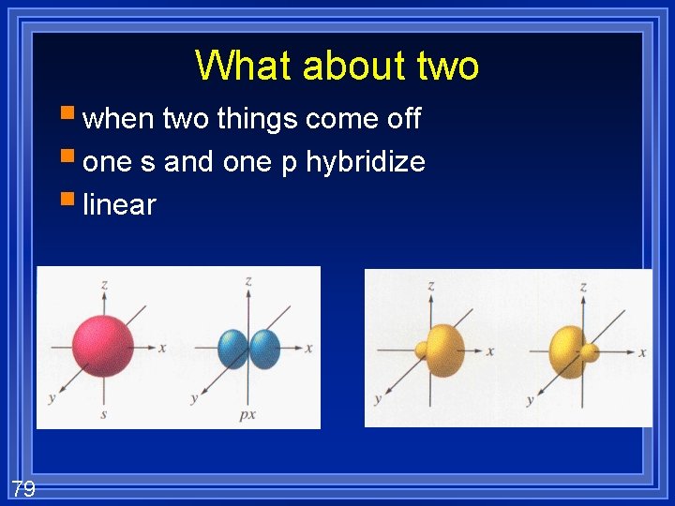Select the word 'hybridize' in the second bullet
point(366,162)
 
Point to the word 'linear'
point(119,204)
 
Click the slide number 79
point(23,487)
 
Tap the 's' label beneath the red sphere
point(103,413)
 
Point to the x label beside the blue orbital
point(308,348)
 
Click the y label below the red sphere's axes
point(51,398)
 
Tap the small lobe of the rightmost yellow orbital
point(591,352)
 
